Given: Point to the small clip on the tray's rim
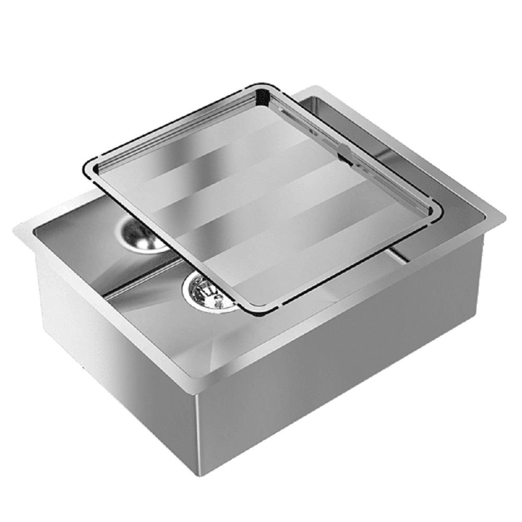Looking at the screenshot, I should pyautogui.click(x=342, y=152).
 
